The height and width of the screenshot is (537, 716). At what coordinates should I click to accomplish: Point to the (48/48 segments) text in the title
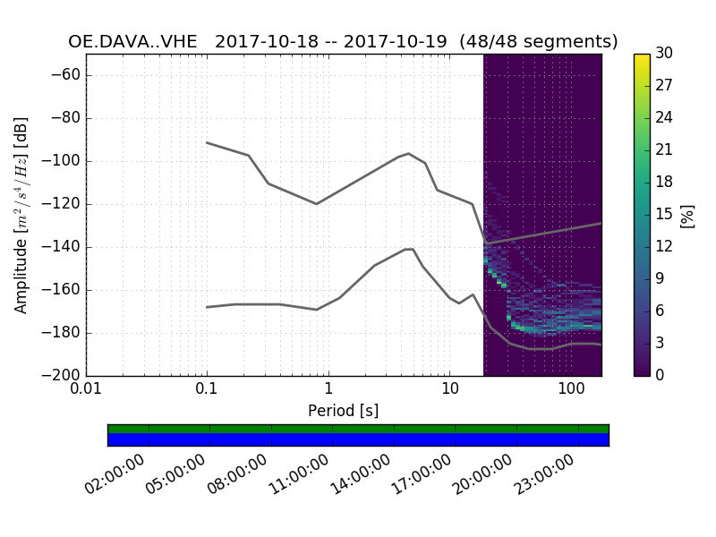tap(539, 42)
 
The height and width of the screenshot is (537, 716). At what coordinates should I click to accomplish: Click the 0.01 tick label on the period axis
tap(86, 391)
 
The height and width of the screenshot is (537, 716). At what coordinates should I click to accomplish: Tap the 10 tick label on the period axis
tap(449, 391)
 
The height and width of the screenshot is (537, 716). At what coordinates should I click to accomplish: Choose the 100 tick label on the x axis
tap(571, 391)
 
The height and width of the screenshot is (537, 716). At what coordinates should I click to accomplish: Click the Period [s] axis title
tap(344, 411)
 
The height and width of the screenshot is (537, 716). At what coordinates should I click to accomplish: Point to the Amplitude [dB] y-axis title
tap(21, 215)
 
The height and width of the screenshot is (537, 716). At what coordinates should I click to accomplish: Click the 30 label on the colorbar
tap(664, 54)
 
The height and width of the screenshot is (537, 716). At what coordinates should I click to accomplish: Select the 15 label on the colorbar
tap(664, 215)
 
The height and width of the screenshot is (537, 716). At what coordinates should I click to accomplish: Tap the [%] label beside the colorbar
tap(687, 215)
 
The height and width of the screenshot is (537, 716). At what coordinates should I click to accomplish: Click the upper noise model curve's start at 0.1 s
tap(207, 142)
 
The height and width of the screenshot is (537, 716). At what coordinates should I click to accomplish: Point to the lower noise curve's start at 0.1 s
tap(207, 307)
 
